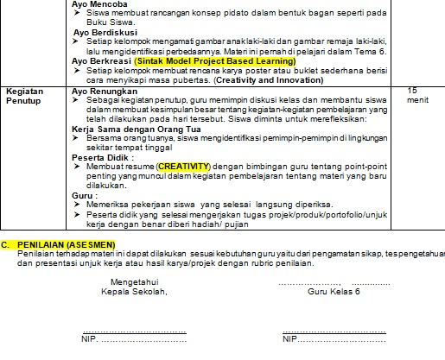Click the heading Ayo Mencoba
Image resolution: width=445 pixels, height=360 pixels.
100,3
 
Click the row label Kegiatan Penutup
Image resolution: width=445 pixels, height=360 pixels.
25,94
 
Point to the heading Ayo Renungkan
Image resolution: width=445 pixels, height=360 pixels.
103,90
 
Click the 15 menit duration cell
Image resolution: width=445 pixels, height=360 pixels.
415,94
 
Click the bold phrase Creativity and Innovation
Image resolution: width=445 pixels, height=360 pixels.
268,80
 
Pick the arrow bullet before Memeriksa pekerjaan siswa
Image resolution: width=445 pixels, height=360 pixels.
77,205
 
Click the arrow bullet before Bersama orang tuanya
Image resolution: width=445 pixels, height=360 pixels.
77,138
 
